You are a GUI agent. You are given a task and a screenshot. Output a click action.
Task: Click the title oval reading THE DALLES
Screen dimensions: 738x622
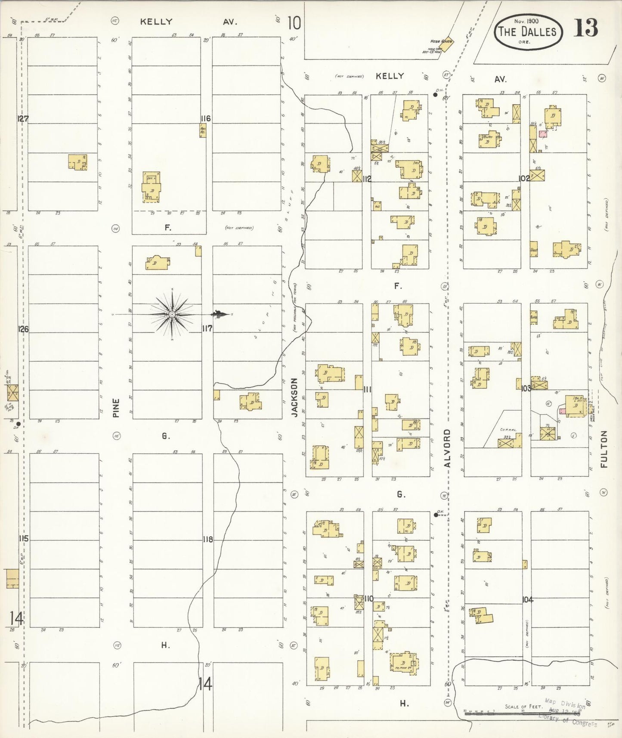tap(527, 31)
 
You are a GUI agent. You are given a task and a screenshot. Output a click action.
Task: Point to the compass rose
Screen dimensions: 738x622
tap(172, 314)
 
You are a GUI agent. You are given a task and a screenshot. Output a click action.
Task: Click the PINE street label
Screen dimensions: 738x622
tap(116, 407)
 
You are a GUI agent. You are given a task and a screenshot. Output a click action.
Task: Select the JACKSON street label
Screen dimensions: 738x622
tap(294, 397)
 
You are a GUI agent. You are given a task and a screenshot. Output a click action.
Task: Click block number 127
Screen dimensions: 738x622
tap(22, 119)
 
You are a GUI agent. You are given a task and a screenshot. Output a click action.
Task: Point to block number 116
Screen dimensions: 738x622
tap(205, 118)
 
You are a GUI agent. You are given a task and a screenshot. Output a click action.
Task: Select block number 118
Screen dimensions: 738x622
tap(207, 539)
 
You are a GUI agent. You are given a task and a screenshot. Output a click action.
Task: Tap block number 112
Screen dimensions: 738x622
tap(367, 179)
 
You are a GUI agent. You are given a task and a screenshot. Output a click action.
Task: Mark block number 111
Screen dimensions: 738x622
tap(367, 390)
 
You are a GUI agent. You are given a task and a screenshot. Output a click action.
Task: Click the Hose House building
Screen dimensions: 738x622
tap(446, 44)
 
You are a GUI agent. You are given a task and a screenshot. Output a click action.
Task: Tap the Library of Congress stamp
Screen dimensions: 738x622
tap(567, 713)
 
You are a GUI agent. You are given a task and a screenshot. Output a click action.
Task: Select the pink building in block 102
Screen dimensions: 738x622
tap(543, 134)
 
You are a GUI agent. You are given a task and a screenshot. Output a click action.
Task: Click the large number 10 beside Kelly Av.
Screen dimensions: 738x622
tap(294, 23)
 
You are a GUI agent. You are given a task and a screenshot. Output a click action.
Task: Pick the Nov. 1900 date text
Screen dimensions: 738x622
tap(529, 21)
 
